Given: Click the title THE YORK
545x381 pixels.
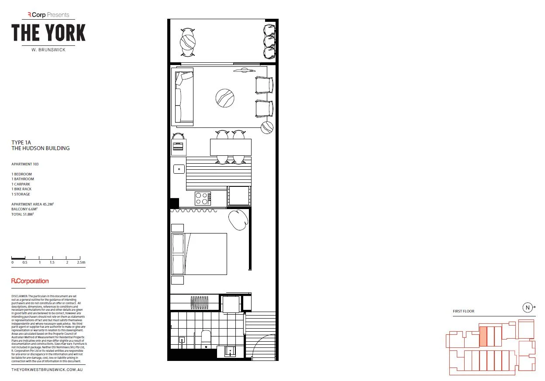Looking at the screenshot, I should point(48,33).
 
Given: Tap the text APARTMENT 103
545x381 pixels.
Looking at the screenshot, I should point(28,164).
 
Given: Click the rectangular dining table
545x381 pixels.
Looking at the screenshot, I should point(231,147).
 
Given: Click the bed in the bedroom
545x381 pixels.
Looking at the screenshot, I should point(200,254).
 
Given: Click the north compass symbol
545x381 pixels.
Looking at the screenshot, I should point(528,307).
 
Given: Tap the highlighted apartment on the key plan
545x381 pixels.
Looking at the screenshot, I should point(483,336).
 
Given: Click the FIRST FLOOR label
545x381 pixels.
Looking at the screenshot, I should point(463,311).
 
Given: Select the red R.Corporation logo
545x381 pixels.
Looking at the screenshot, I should point(30,281).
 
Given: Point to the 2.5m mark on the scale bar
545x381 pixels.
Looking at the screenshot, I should point(81,263).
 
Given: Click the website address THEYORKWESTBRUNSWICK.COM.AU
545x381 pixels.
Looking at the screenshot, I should point(47,370).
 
